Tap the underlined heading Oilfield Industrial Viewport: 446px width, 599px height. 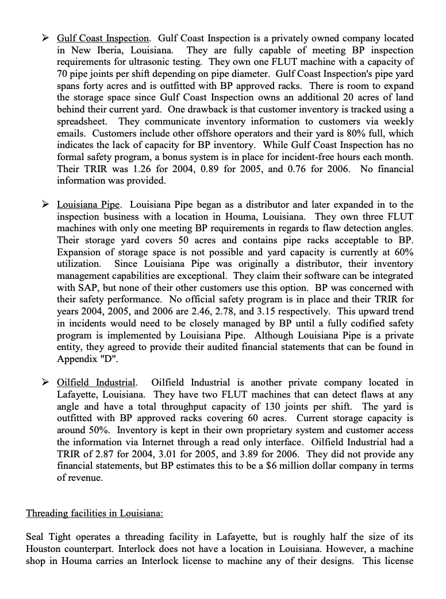(97, 383)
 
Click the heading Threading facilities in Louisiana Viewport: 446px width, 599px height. (94, 513)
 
